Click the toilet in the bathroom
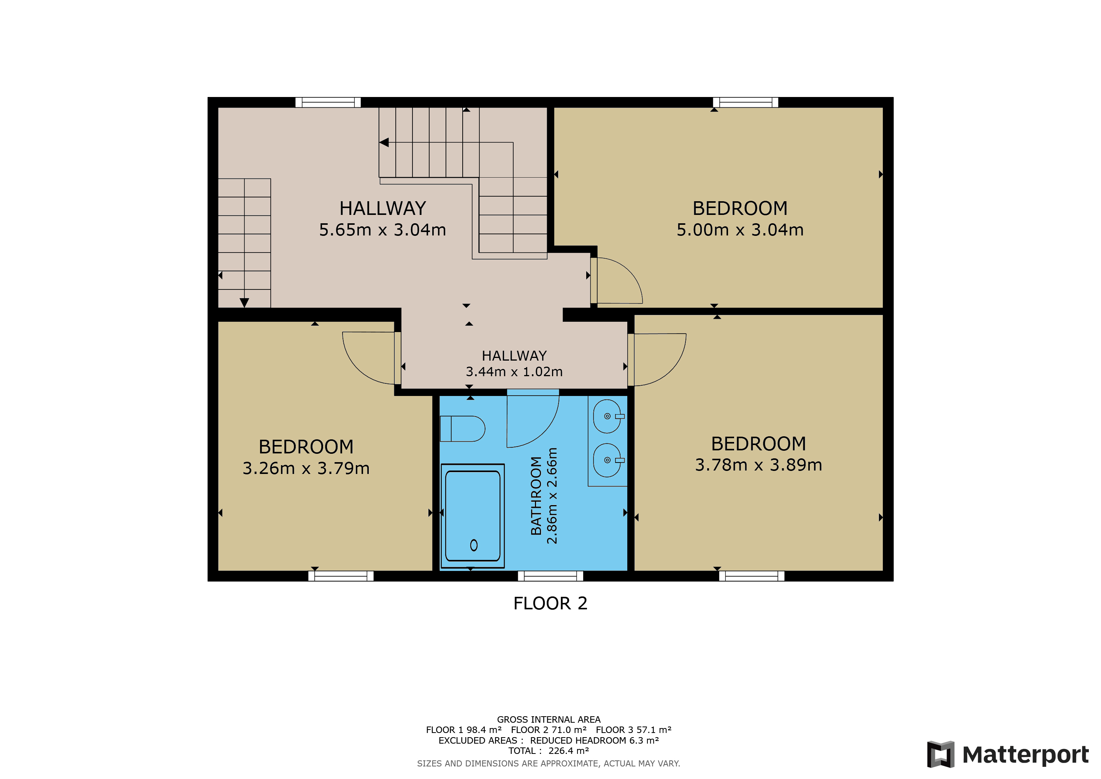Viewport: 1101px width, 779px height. [x=462, y=428]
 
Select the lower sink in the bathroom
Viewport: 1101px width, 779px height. [x=608, y=460]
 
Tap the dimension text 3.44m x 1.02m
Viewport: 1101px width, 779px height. [x=514, y=371]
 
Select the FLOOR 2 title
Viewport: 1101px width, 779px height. [x=550, y=603]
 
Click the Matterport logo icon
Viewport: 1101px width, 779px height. [x=940, y=754]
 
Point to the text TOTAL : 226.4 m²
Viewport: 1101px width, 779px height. [x=549, y=751]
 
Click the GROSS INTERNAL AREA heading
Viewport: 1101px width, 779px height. [x=549, y=720]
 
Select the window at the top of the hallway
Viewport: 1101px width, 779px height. [x=328, y=102]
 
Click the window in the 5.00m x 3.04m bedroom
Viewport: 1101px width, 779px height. [x=746, y=102]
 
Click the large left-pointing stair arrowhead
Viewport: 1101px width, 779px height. [x=384, y=143]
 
